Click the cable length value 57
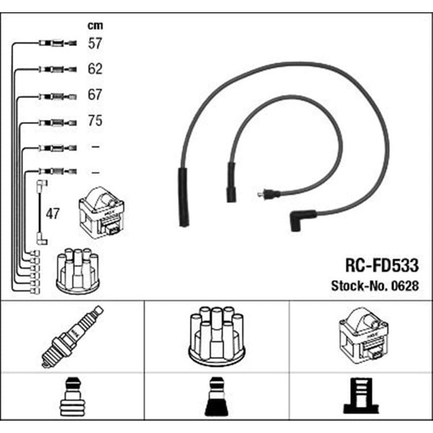point(95,43)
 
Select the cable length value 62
point(95,69)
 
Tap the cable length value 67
point(95,95)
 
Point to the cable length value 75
point(95,121)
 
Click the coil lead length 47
point(53,214)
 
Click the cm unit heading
point(95,25)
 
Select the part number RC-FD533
point(382,266)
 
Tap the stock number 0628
point(405,286)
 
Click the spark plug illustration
point(72,336)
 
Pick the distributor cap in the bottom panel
point(216,336)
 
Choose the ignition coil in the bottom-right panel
point(364,336)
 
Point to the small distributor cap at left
point(78,271)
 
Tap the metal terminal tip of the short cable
point(261,194)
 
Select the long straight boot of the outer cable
point(183,197)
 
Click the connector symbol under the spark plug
point(71,397)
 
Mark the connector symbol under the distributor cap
point(216,397)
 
